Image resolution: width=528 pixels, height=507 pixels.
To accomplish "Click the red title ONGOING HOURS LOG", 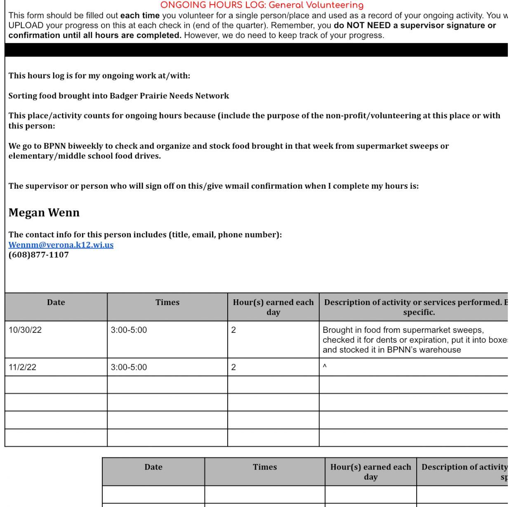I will tap(262, 5).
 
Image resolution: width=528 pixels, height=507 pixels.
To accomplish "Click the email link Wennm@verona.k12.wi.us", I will tap(61, 245).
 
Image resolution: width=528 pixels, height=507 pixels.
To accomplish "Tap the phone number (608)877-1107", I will tap(39, 255).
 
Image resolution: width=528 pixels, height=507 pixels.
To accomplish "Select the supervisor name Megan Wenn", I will tap(44, 213).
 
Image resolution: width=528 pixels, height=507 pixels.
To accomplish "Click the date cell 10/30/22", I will tap(25, 330).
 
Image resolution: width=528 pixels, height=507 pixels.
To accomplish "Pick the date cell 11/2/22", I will tap(22, 367).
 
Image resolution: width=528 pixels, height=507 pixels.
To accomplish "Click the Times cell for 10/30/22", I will tap(129, 330).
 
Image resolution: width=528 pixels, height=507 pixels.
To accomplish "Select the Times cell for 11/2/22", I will tap(129, 367).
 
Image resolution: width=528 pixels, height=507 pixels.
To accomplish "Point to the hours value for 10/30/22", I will tap(233, 330).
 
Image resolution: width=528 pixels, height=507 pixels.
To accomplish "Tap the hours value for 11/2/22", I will tap(233, 367).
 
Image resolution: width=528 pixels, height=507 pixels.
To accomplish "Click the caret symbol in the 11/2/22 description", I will tap(325, 366).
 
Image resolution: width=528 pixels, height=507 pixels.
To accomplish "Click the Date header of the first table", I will tap(56, 303).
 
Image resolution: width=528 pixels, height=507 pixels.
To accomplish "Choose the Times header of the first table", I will tap(167, 303).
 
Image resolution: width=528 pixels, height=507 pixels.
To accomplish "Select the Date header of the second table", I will tap(153, 467).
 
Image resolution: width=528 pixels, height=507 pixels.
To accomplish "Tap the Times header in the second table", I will tap(265, 467).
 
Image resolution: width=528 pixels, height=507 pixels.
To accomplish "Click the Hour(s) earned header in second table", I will tap(370, 472).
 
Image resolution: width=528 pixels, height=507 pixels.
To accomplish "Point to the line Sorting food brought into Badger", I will tap(119, 96).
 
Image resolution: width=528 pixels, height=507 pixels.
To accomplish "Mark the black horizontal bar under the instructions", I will tap(256, 50).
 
